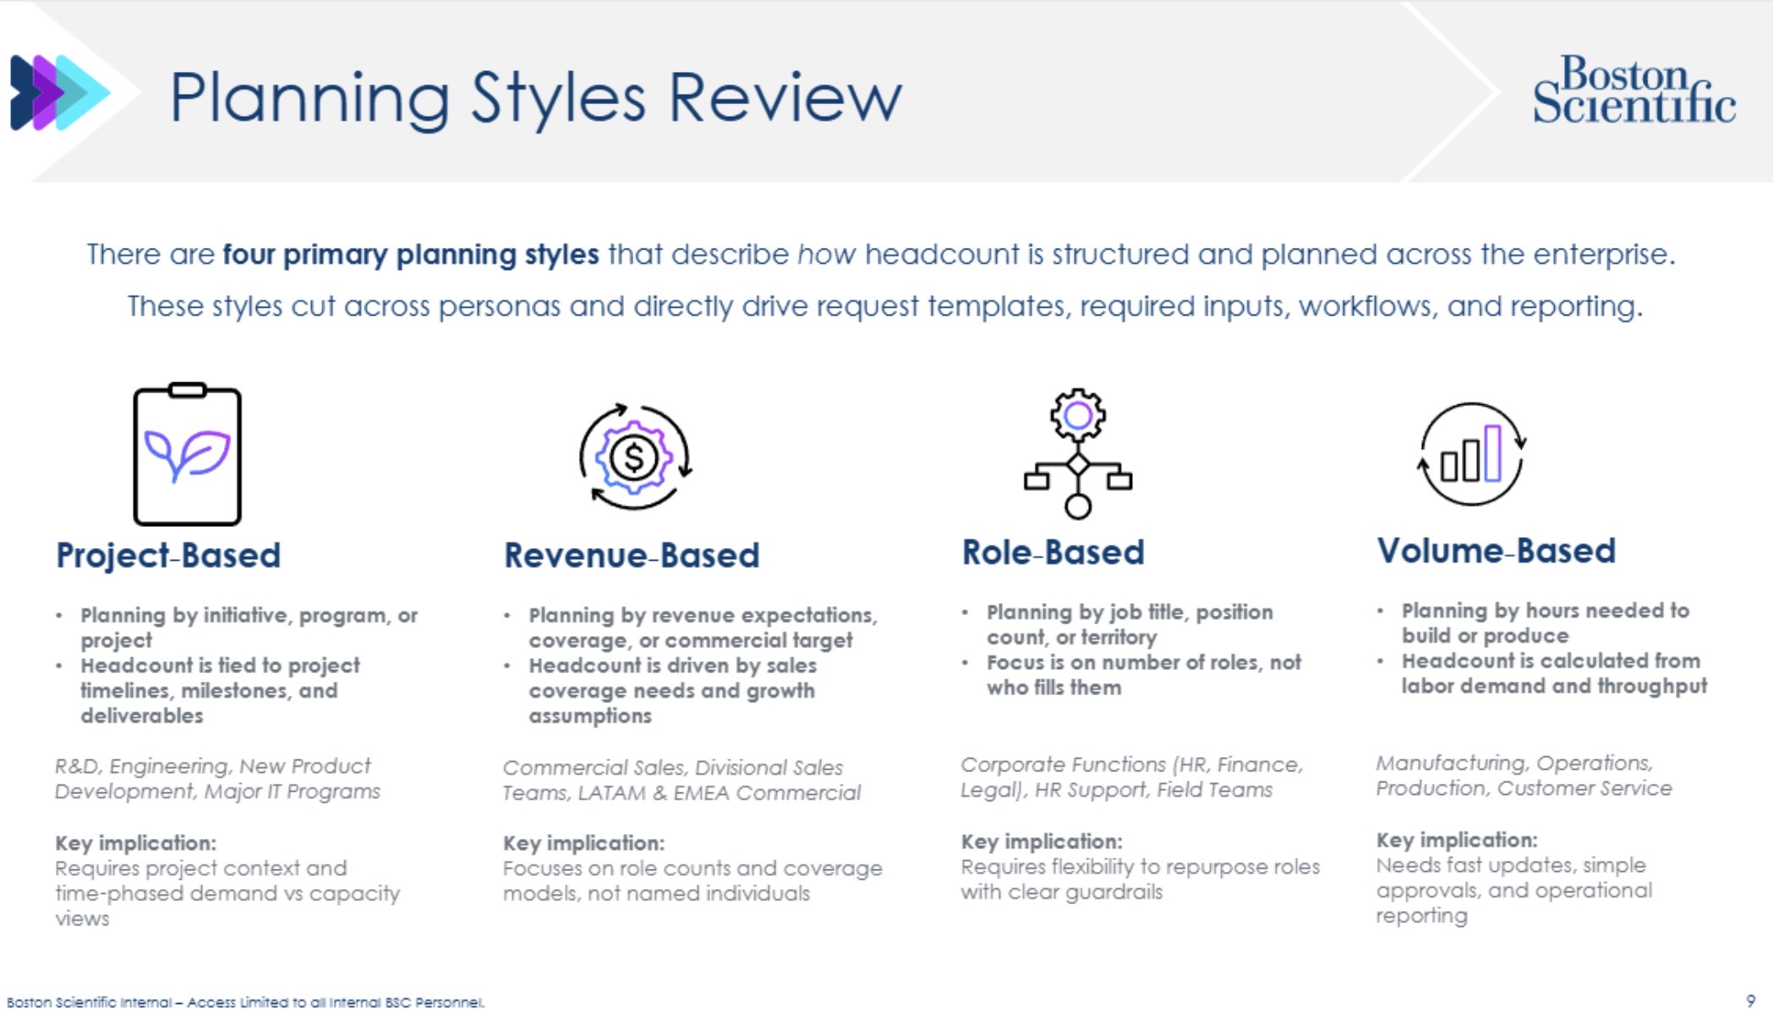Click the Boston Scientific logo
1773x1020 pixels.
tap(1633, 90)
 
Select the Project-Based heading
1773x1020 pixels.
tap(168, 556)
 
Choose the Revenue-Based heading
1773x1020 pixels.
tap(632, 556)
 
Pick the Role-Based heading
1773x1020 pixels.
tap(1053, 553)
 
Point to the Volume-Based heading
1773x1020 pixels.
tap(1496, 551)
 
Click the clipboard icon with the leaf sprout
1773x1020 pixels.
tap(188, 455)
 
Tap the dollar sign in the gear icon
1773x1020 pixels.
tap(633, 458)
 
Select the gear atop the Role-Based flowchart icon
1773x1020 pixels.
tap(1077, 414)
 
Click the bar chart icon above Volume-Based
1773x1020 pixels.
tap(1471, 454)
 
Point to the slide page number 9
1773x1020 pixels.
tap(1750, 1001)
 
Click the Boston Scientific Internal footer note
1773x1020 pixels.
tap(245, 1003)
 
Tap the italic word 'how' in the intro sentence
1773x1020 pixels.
tap(826, 255)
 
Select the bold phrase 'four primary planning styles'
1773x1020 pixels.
tap(411, 255)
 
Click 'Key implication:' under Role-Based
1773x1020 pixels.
tap(1042, 842)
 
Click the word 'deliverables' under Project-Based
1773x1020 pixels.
tap(142, 716)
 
